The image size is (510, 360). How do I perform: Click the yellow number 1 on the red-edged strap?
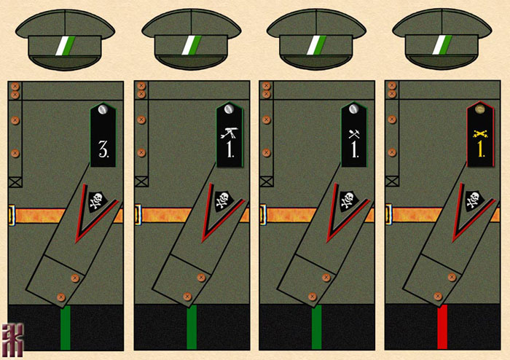479,151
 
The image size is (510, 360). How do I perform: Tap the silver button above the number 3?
103,109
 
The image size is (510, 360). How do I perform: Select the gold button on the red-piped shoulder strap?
479,110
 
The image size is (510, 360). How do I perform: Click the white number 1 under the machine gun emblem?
228,152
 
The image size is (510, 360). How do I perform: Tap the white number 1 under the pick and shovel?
353,152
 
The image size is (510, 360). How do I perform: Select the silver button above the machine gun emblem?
228,109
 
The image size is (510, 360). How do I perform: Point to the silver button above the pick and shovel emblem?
353,109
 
